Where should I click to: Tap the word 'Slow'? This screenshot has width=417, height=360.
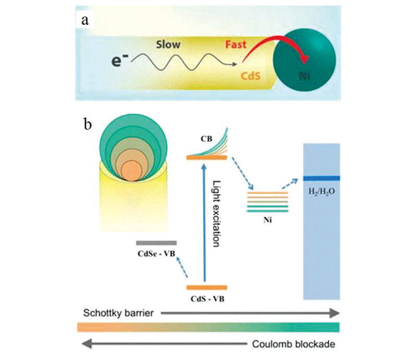(168, 45)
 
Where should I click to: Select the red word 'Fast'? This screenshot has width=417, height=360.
(239, 45)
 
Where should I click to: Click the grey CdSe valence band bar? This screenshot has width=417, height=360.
(156, 243)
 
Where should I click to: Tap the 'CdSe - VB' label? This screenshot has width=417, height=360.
(156, 254)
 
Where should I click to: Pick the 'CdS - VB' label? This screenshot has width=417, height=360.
(207, 298)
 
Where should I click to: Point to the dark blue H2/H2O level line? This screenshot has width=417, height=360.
(322, 178)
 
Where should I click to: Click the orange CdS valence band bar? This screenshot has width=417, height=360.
(207, 287)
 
